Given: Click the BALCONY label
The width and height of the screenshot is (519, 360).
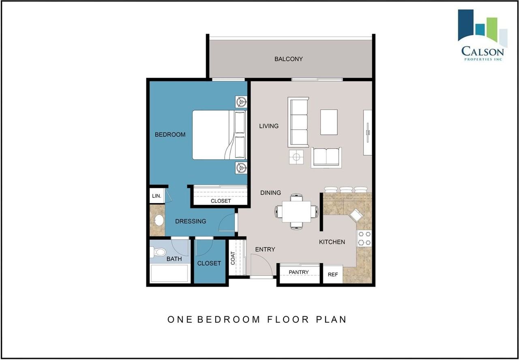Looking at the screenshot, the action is tap(288, 59).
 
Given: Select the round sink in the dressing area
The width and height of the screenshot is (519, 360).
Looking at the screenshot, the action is tap(159, 220).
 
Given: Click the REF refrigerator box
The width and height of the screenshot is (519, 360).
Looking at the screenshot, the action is tap(333, 274).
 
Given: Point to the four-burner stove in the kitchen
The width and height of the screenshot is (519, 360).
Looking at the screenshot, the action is tap(364, 238).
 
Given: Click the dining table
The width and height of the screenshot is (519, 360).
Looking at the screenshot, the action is tap(296, 212).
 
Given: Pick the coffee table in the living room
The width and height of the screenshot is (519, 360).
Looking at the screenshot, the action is tap(329, 122).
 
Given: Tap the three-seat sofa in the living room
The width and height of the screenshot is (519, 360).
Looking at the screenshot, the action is tap(298, 122).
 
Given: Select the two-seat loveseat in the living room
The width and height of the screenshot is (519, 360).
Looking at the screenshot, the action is tap(326, 157).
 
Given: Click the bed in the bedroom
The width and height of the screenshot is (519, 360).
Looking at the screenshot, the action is tap(219, 135).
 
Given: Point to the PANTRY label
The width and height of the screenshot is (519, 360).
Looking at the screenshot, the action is tap(299, 272).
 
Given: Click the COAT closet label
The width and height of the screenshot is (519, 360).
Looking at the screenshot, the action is tap(233, 258).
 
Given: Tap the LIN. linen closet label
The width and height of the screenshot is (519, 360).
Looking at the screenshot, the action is tap(157, 196).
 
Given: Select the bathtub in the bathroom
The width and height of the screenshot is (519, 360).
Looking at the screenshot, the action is tap(169, 273).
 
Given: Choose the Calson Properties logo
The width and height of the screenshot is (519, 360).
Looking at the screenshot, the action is tap(483, 35).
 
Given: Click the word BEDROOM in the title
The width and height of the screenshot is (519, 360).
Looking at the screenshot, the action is tap(229, 319).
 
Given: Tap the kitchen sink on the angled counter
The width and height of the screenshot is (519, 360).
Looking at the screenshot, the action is tap(356, 215).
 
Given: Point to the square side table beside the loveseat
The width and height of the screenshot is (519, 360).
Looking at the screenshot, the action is tap(296, 157).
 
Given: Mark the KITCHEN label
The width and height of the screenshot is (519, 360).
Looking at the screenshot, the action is tap(332, 242).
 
